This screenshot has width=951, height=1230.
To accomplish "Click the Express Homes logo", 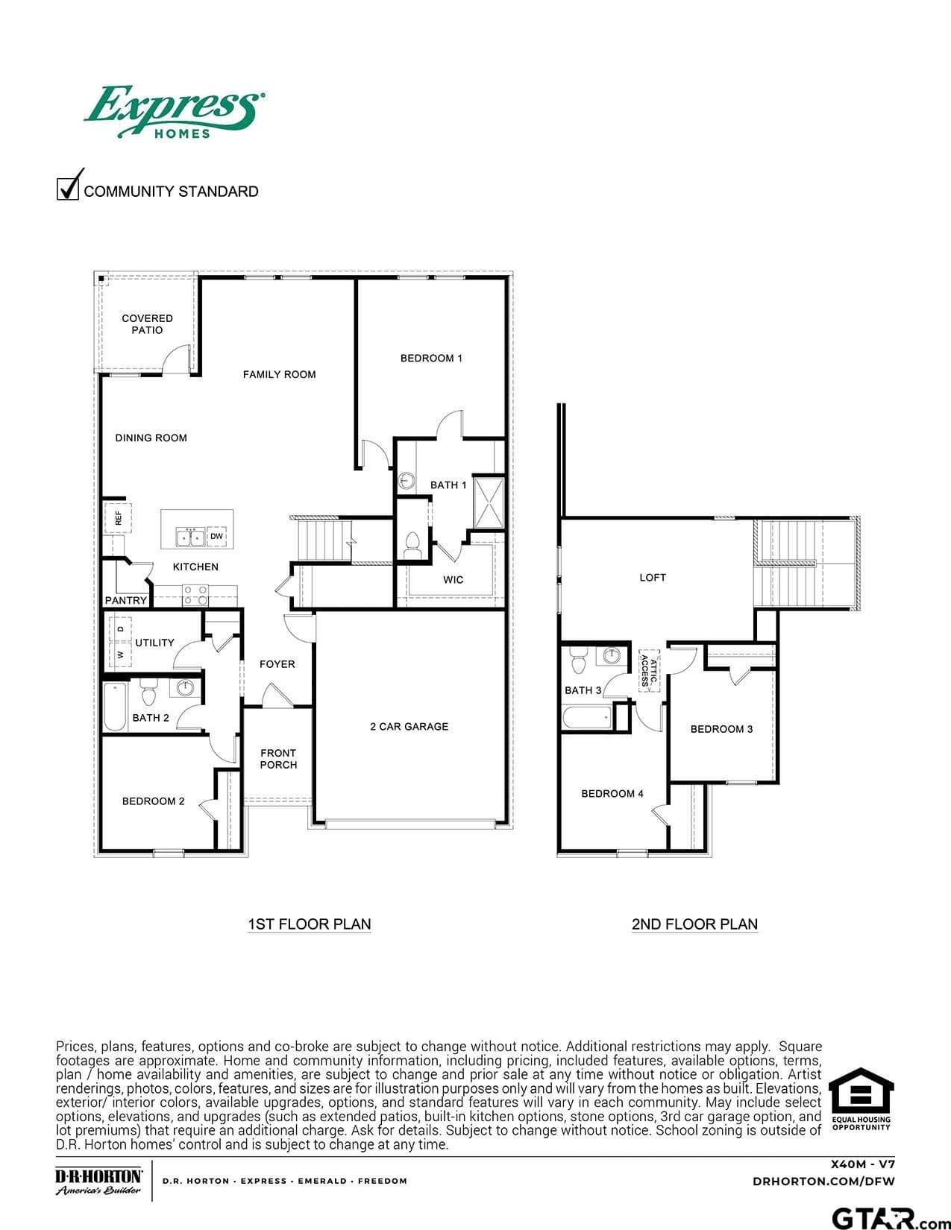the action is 175,112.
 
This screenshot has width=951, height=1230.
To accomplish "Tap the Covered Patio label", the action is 147,324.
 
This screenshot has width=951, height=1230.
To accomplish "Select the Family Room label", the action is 279,374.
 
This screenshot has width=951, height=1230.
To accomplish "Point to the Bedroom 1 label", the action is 431,359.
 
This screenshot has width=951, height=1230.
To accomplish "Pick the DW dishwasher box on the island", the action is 216,536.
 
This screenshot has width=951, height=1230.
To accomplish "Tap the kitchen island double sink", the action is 190,537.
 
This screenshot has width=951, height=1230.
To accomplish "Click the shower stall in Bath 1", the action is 489,502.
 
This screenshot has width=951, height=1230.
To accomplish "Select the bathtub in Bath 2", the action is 115,707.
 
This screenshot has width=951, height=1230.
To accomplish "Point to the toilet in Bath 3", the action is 578,662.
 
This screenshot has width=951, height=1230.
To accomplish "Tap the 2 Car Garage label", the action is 409,726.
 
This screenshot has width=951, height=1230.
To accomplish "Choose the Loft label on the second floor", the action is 653,578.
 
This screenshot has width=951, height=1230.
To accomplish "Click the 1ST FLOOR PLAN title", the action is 310,924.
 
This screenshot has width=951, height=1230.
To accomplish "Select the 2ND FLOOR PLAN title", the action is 694,924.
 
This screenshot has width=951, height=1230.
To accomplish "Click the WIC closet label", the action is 453,580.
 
